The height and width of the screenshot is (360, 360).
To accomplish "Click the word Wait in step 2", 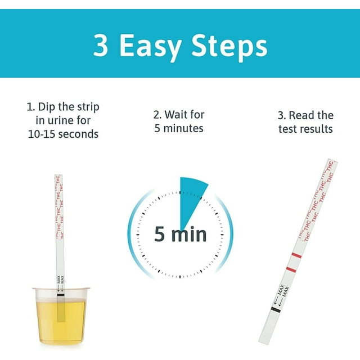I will [x=175, y=115].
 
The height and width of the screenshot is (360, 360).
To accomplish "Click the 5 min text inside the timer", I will [x=180, y=233].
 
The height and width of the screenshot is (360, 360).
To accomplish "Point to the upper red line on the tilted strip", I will [x=297, y=256].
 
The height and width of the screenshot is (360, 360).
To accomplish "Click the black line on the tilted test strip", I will [x=275, y=310].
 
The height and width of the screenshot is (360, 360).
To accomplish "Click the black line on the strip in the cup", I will [x=60, y=294].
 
